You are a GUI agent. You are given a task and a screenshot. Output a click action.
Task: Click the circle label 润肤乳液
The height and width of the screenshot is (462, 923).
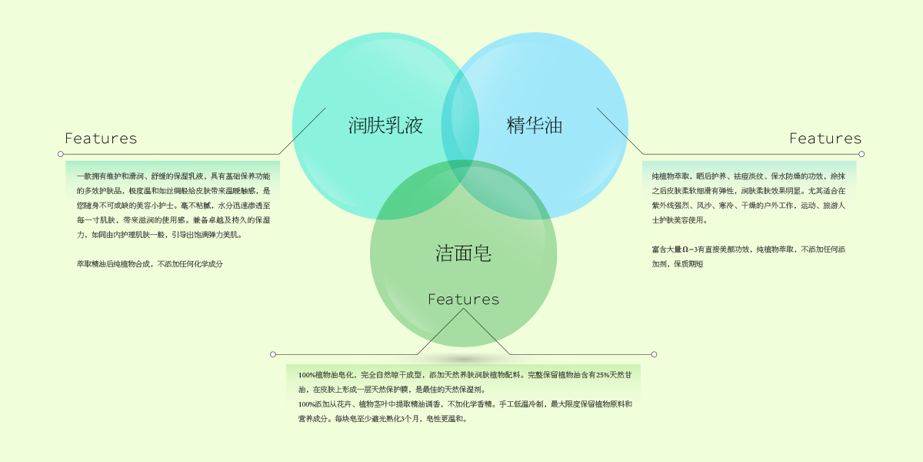(x=385, y=125)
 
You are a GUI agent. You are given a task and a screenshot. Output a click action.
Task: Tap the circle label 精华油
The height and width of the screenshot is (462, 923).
(x=535, y=125)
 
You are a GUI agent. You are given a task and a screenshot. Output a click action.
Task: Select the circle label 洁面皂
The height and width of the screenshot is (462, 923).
(x=463, y=253)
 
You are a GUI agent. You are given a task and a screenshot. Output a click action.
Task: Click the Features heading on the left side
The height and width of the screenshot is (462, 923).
(x=101, y=139)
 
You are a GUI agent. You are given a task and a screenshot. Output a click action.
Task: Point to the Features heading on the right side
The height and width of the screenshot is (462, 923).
(x=825, y=139)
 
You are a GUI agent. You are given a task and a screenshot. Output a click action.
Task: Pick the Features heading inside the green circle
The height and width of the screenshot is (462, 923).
(x=463, y=299)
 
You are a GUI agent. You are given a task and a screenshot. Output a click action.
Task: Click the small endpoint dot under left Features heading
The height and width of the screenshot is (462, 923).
(x=60, y=154)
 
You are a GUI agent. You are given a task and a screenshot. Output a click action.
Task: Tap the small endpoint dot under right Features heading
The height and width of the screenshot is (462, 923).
(x=861, y=154)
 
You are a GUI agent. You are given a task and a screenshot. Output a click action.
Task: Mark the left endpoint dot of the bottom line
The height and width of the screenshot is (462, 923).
(x=273, y=354)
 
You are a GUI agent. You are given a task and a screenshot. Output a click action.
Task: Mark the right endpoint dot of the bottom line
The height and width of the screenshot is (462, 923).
(x=654, y=354)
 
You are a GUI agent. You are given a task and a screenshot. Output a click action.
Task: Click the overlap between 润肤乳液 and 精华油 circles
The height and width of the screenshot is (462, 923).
(x=460, y=115)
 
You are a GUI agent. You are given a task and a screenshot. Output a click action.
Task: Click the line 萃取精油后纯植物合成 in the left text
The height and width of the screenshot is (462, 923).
(x=149, y=264)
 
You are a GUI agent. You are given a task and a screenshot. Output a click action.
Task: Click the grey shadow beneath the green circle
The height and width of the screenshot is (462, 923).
(x=463, y=359)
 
